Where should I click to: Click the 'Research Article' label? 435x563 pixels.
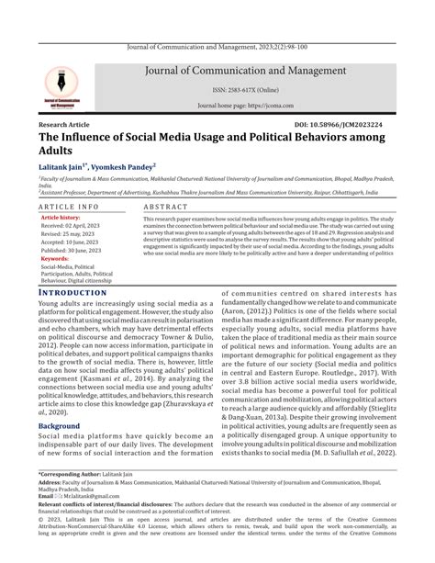(x=65, y=123)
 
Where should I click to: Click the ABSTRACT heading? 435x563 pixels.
(x=165, y=208)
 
